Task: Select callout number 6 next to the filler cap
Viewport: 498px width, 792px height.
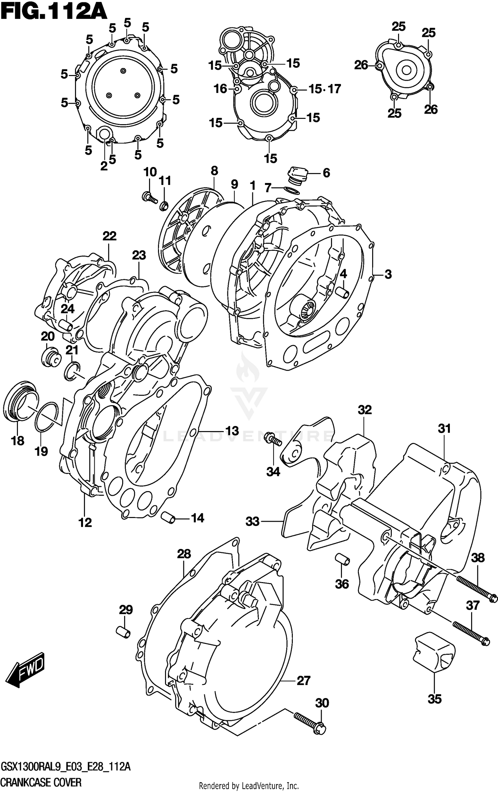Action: [326, 173]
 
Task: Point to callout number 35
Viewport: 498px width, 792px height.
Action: [435, 699]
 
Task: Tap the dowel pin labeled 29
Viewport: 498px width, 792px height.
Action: [123, 633]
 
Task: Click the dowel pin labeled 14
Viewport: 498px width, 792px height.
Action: [168, 518]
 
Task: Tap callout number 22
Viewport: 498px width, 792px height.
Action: [110, 236]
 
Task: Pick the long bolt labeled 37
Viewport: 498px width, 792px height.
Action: [471, 633]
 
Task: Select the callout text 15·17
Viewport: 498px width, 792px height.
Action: [324, 89]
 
